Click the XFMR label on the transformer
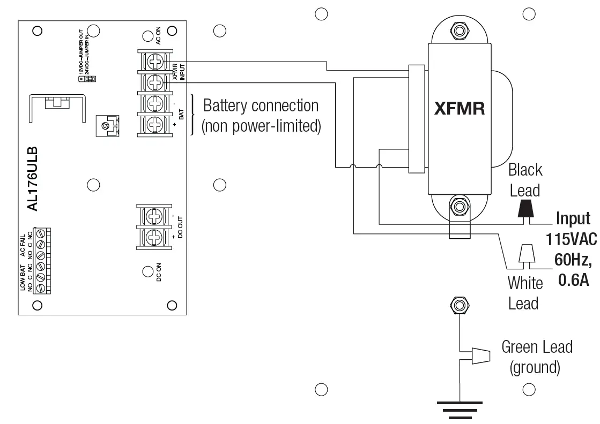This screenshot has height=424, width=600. (x=460, y=109)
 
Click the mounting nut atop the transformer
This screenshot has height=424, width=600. (x=458, y=31)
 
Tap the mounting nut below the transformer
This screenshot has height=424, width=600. (x=458, y=206)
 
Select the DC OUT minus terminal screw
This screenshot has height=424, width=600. (x=155, y=216)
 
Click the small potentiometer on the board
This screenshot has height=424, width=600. (x=106, y=126)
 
